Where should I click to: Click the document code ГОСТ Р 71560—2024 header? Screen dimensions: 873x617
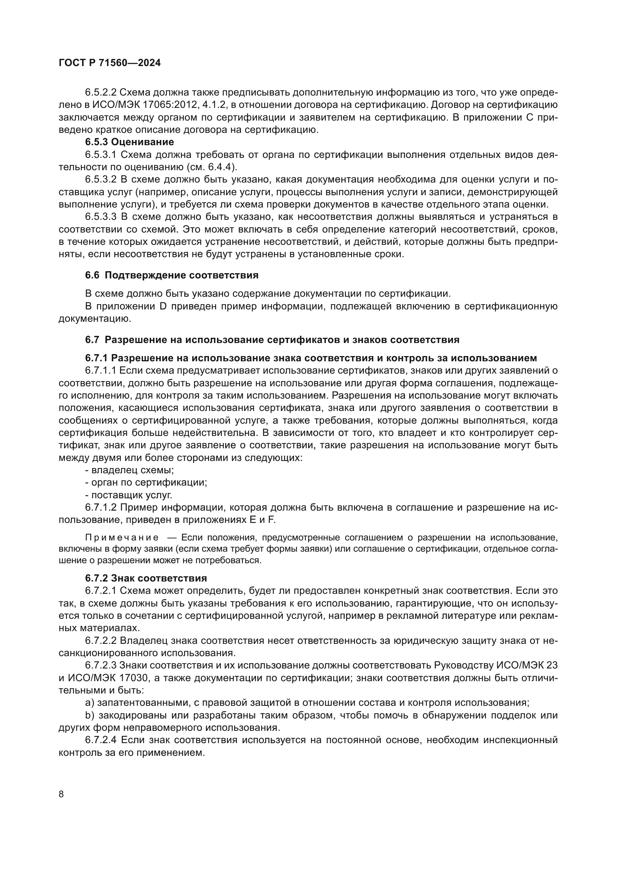pos(110,63)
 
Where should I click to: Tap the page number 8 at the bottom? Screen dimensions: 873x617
pos(62,794)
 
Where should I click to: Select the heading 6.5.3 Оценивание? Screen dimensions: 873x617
pos(129,142)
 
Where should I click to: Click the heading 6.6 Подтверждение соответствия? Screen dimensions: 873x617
pos(172,275)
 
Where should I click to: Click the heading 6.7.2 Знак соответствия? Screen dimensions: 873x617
pos(146,578)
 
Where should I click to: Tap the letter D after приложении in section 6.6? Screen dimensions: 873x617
pos(164,306)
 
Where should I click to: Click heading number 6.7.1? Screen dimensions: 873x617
pos(97,358)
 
